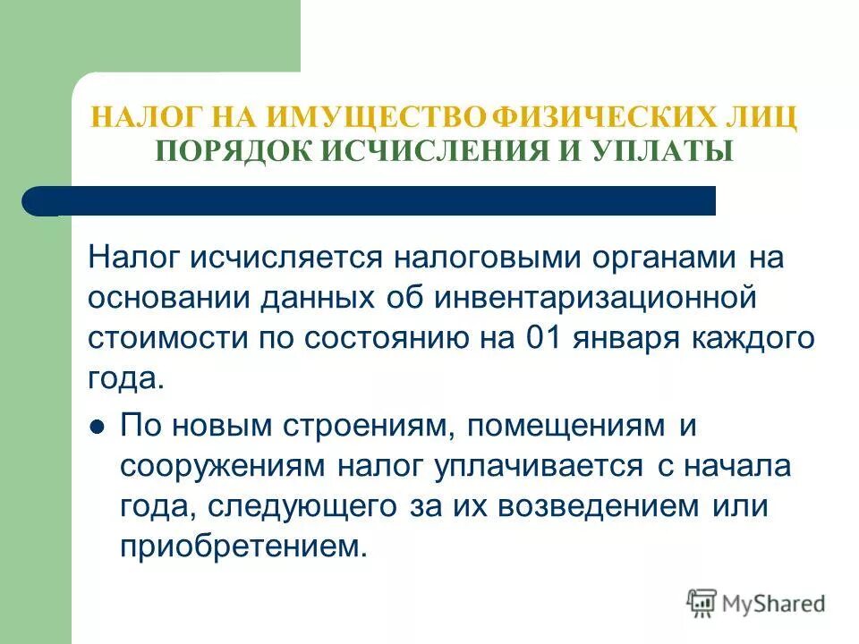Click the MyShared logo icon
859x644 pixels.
(702, 603)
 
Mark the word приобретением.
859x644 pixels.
(243, 546)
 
